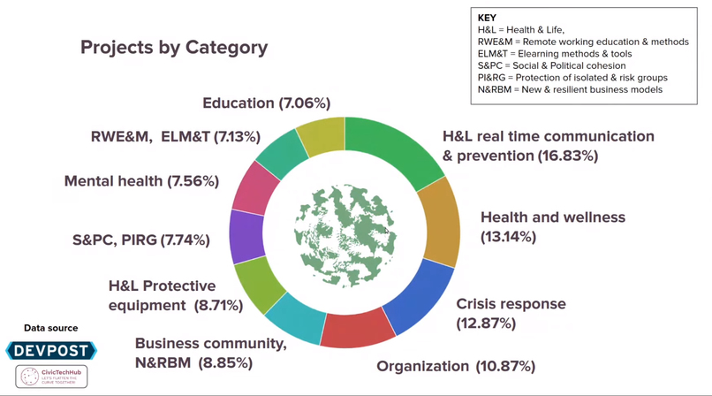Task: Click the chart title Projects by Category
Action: (174, 47)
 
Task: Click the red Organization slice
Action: (357, 328)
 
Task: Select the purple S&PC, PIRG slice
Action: (246, 236)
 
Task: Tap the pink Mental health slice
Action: (256, 187)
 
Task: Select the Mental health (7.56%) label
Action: (141, 181)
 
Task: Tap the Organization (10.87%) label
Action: (456, 366)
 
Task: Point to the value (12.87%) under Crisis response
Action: (486, 324)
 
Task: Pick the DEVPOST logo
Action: (50, 351)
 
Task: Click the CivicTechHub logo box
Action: (51, 377)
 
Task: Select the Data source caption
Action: (50, 329)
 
